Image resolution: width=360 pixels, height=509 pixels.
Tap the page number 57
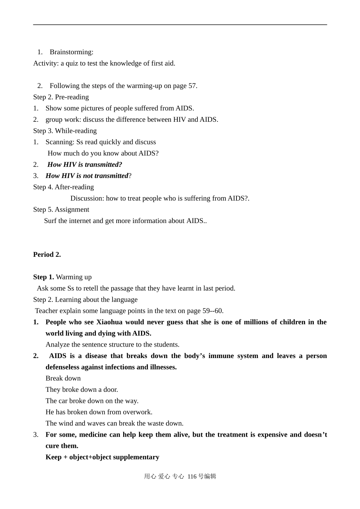(x=192, y=86)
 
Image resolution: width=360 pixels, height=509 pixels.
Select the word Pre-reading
(x=72, y=97)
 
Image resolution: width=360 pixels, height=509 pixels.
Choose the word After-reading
(x=74, y=187)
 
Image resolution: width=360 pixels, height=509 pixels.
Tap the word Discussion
(x=87, y=198)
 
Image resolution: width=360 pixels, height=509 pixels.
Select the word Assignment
(x=72, y=209)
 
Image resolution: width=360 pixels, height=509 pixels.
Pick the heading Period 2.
(x=47, y=254)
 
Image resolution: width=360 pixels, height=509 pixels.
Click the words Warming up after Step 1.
(x=74, y=277)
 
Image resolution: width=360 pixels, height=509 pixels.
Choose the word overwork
(x=139, y=412)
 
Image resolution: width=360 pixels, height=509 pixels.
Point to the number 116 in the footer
(x=192, y=476)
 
